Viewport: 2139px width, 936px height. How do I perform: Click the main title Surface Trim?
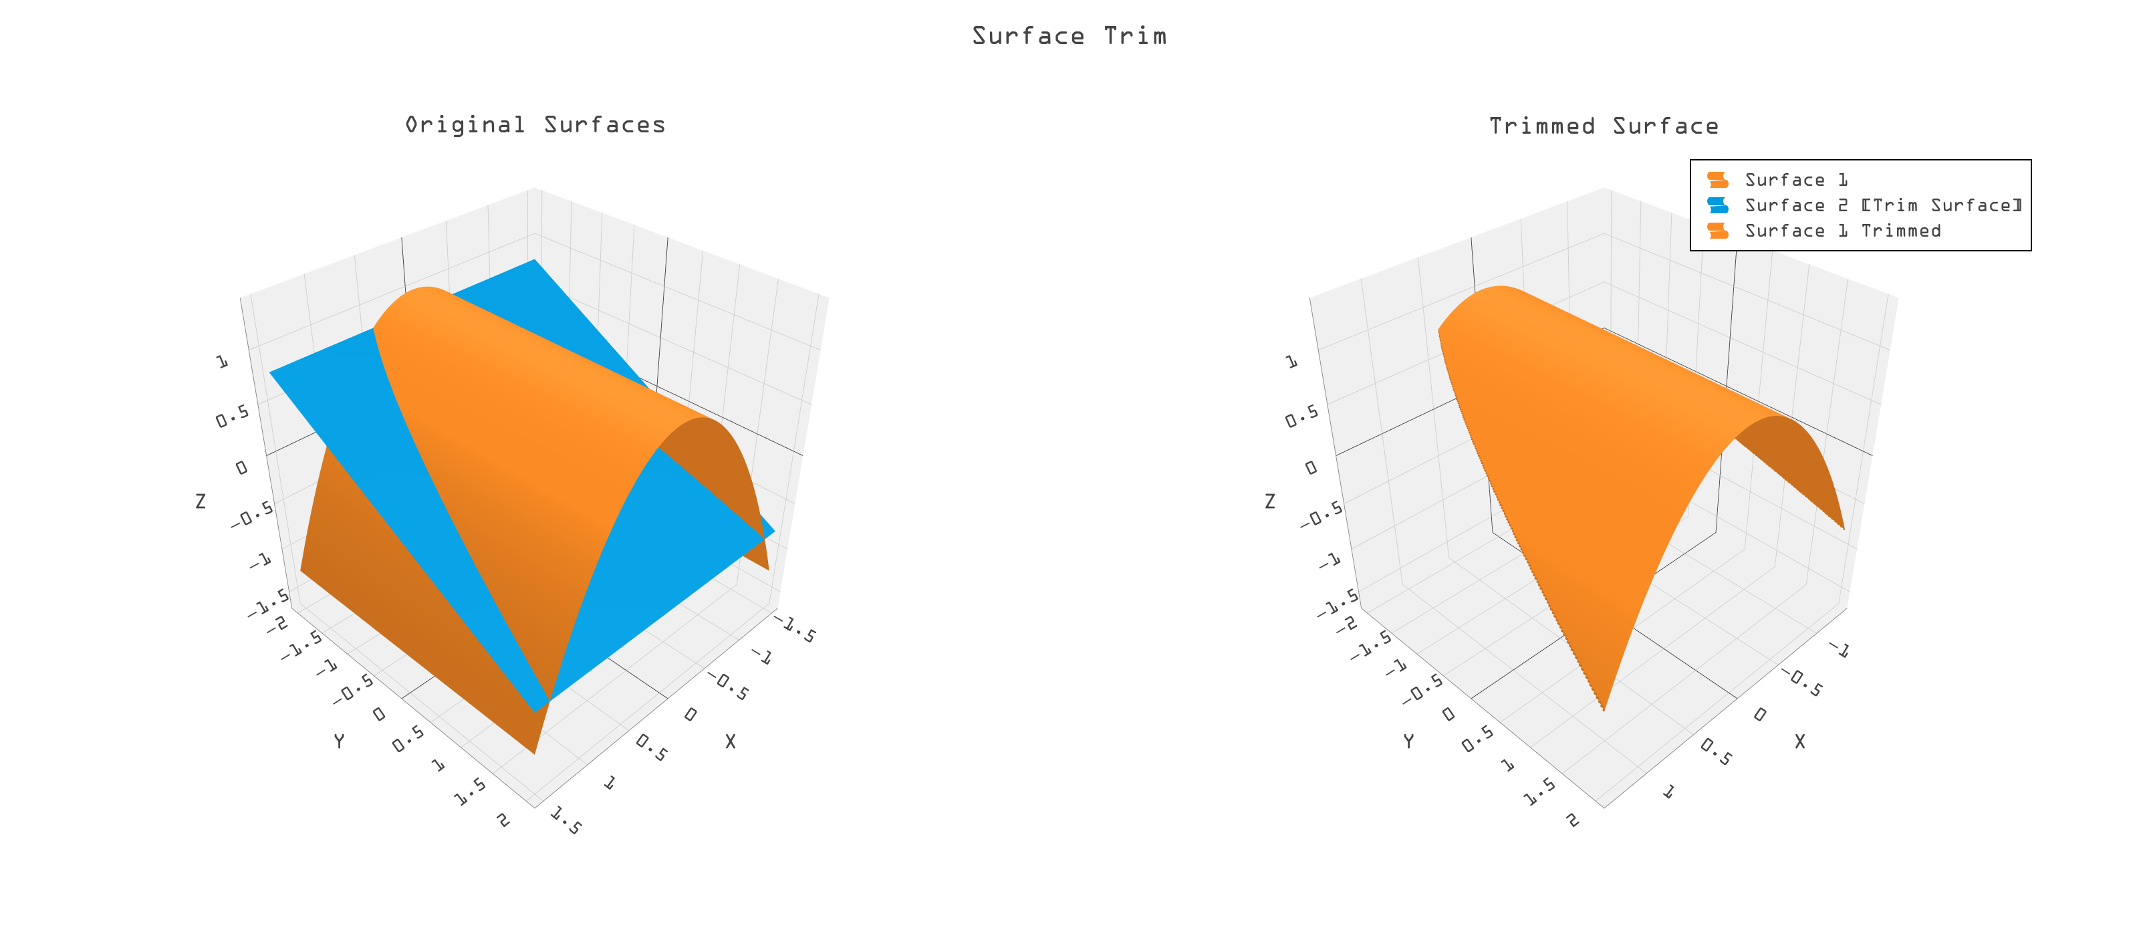point(1069,35)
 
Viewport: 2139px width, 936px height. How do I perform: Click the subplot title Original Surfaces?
point(535,124)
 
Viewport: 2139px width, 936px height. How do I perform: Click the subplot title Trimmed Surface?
point(1604,126)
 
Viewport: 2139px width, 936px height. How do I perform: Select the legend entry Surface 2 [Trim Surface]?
point(1882,205)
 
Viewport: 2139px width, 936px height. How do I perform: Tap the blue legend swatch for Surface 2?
point(1717,205)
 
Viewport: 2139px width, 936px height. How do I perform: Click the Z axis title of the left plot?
point(200,501)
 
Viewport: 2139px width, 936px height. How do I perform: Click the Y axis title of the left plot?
point(339,741)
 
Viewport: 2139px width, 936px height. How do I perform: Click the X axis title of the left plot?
point(730,741)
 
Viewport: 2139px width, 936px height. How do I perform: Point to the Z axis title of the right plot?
point(1269,501)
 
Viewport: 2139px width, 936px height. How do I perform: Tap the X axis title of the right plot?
point(1799,741)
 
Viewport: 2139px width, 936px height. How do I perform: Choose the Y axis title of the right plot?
point(1408,741)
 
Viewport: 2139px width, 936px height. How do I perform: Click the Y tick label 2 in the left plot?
point(503,820)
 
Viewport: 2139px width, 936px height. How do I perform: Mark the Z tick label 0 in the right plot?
point(1310,467)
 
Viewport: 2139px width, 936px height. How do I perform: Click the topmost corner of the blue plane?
point(535,260)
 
